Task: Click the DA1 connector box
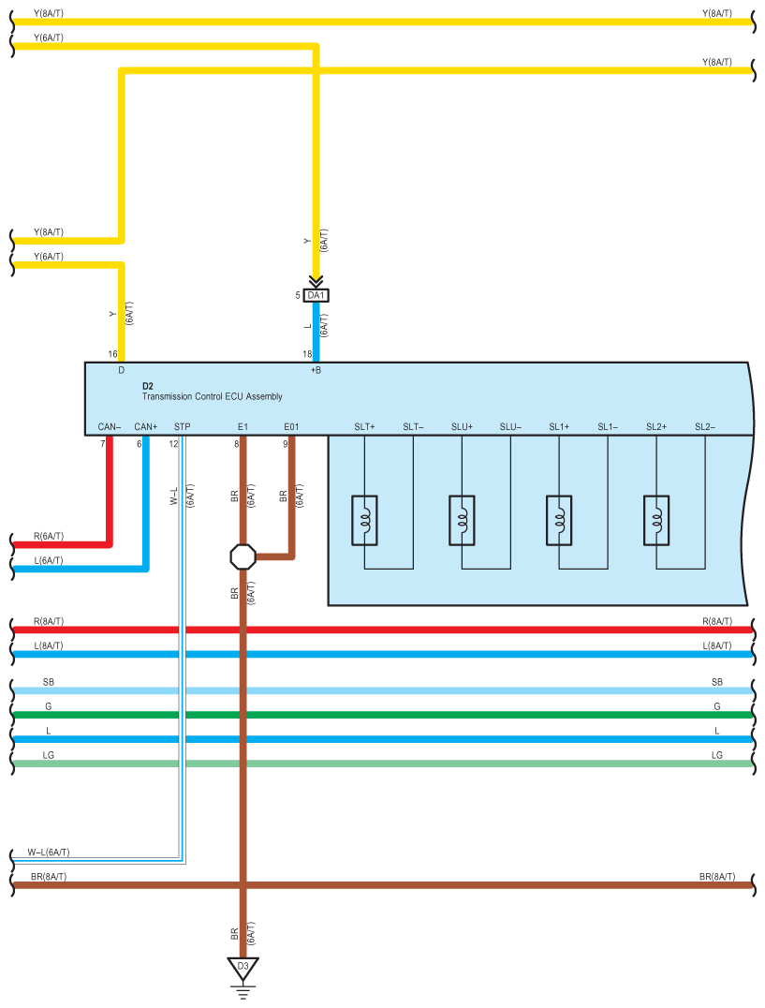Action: (316, 296)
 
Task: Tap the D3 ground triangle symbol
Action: (243, 969)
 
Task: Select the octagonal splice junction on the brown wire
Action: (243, 556)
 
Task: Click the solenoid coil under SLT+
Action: (364, 520)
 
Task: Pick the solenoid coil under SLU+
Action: (462, 520)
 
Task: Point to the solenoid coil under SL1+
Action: (559, 520)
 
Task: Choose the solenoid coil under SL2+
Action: (656, 520)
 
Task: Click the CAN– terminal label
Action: (110, 427)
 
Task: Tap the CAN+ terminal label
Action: (146, 427)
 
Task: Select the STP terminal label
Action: (183, 427)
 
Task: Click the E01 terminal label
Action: (291, 427)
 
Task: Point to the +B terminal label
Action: (316, 370)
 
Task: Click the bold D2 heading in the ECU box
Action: (148, 386)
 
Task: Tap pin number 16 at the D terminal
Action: (112, 354)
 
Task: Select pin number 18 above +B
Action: (308, 354)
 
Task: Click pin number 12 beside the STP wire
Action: (173, 444)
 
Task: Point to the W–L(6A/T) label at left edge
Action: (48, 852)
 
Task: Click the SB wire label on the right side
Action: (717, 682)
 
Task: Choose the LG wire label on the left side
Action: (48, 755)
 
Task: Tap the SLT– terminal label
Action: (413, 427)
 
